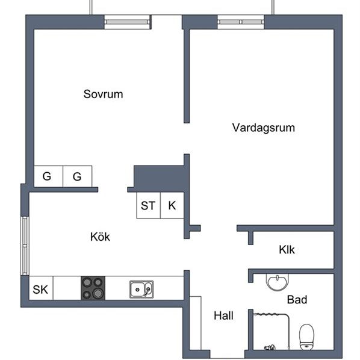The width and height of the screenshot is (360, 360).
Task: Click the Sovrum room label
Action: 103,94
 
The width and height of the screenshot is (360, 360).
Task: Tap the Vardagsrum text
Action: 263,128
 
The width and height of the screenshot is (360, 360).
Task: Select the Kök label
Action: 100,237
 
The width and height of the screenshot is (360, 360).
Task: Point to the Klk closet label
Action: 287,250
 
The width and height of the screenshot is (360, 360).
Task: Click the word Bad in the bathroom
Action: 297,299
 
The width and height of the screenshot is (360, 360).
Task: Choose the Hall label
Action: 223,315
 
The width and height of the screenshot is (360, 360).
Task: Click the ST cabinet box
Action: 148,206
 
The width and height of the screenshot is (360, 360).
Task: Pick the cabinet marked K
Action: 172,206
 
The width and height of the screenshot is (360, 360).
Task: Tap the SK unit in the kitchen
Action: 40,289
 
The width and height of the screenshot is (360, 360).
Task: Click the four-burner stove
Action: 93,288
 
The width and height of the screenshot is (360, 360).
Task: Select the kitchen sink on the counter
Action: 141,289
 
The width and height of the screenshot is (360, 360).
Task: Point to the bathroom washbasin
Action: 278,281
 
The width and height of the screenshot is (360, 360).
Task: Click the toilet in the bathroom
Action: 307,337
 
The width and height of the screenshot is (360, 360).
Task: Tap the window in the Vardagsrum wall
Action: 241,22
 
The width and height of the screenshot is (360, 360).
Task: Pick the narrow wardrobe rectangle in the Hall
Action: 196,325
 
